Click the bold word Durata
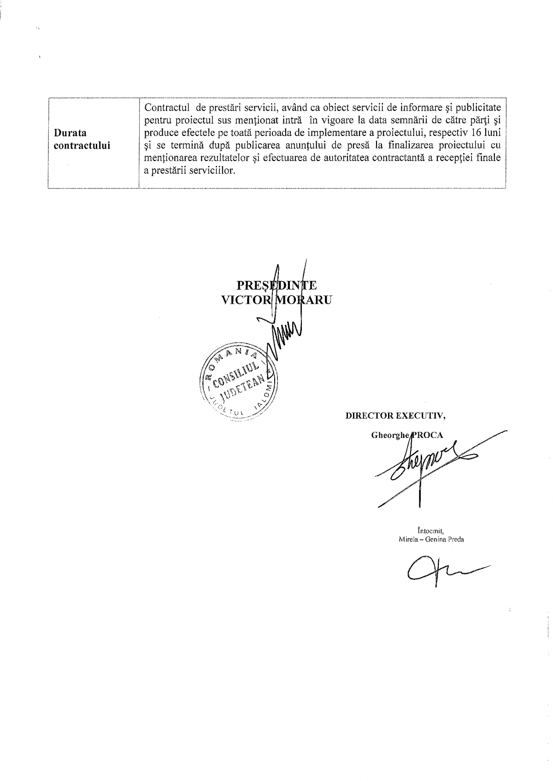click(x=70, y=133)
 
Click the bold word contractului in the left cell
click(x=82, y=146)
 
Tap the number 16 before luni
click(x=477, y=133)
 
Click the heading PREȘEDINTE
click(x=276, y=285)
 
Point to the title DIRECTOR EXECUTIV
click(x=395, y=415)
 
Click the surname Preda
click(x=455, y=539)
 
